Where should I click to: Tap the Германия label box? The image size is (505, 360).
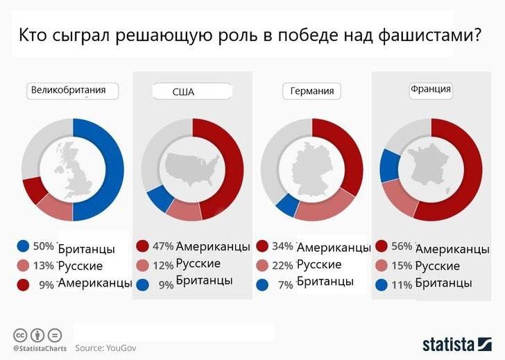point(311,92)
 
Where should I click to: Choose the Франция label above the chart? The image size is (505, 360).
point(431,89)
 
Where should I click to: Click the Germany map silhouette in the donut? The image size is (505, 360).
point(311,169)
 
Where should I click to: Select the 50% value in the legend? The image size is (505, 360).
point(44,246)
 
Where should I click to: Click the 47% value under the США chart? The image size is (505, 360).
point(163,246)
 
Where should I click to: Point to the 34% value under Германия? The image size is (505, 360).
point(283,246)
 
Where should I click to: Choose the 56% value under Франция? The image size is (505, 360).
point(403,246)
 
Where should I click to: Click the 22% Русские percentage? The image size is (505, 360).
point(283,265)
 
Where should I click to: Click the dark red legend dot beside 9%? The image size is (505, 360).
point(24,284)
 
